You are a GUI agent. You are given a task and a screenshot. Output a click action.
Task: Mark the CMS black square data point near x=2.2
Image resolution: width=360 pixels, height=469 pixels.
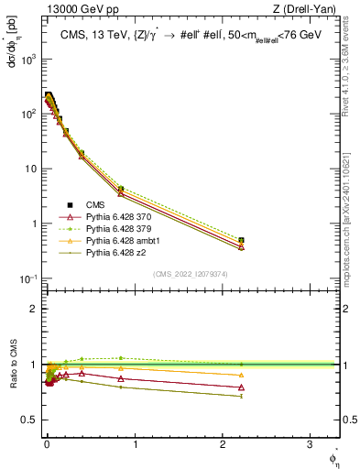[242, 240]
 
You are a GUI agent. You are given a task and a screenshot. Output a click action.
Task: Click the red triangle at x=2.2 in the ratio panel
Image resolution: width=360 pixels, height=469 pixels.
[242, 387]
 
